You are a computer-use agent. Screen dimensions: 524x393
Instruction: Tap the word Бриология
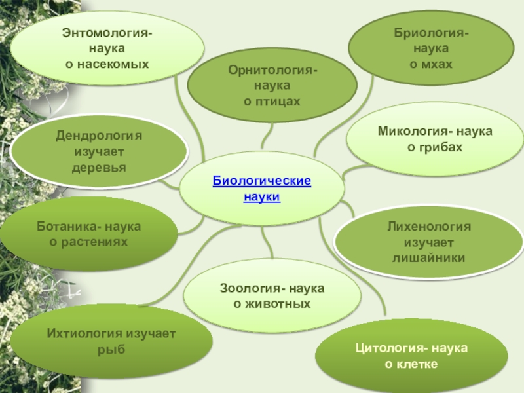pos(429,32)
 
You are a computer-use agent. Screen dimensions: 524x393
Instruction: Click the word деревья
pos(99,168)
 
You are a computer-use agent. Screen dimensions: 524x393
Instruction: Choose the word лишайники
pos(428,258)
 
